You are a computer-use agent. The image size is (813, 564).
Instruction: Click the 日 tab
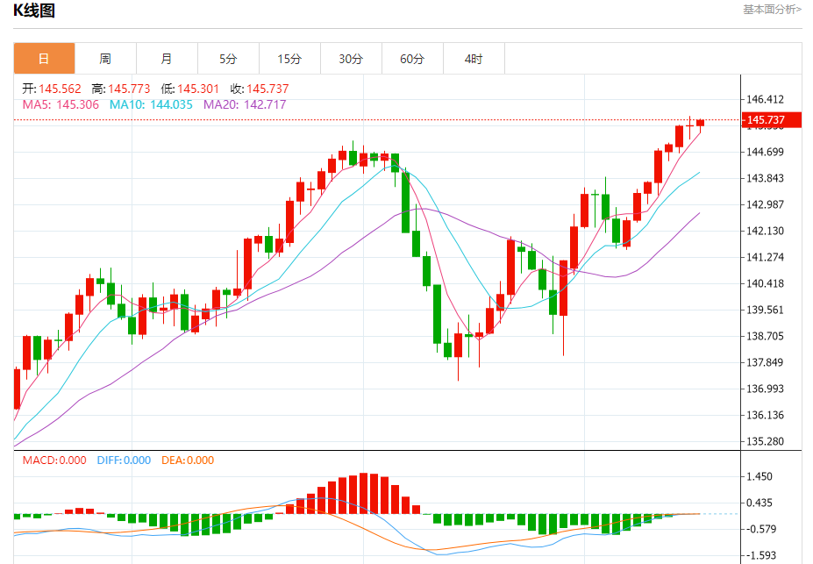pos(44,59)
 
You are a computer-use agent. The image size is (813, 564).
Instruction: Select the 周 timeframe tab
pos(105,59)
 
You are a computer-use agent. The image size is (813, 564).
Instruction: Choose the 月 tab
pos(167,59)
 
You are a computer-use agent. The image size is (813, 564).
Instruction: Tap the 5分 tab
pos(228,59)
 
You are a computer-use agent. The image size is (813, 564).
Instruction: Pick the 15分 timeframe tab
pos(289,59)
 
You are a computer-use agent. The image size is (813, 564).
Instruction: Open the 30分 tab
pos(351,59)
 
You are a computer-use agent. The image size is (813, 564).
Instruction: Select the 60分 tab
pos(412,59)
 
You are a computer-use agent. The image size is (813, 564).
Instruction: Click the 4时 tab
pos(474,59)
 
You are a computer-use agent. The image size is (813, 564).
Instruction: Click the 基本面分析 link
pos(772,10)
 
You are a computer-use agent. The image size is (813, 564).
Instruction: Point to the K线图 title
pos(33,11)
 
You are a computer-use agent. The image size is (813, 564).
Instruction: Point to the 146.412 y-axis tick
pos(765,100)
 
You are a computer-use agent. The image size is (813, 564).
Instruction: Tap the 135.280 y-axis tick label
pos(765,441)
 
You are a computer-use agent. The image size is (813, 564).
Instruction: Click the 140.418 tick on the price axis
pos(765,283)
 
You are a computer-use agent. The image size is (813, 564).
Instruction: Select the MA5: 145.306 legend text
pos(61,104)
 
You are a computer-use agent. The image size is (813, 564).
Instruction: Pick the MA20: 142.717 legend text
pos(245,104)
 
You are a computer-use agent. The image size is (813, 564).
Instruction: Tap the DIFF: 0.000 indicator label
pos(124,460)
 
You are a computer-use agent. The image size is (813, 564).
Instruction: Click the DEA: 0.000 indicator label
pos(188,460)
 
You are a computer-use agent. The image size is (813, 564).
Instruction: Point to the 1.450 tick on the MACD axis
pos(759,476)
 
